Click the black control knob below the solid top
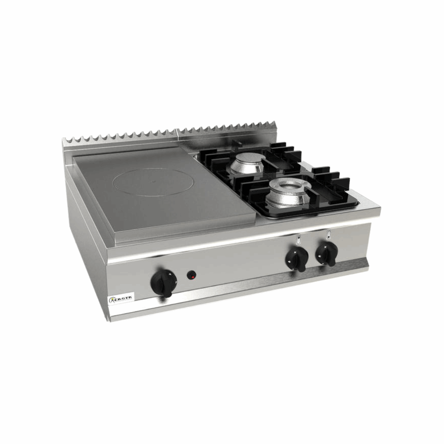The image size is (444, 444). click(164, 283)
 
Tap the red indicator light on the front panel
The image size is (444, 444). click(192, 276)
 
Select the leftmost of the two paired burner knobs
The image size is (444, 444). click(296, 259)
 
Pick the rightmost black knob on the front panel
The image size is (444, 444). click(327, 253)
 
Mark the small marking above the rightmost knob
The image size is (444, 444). click(328, 234)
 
